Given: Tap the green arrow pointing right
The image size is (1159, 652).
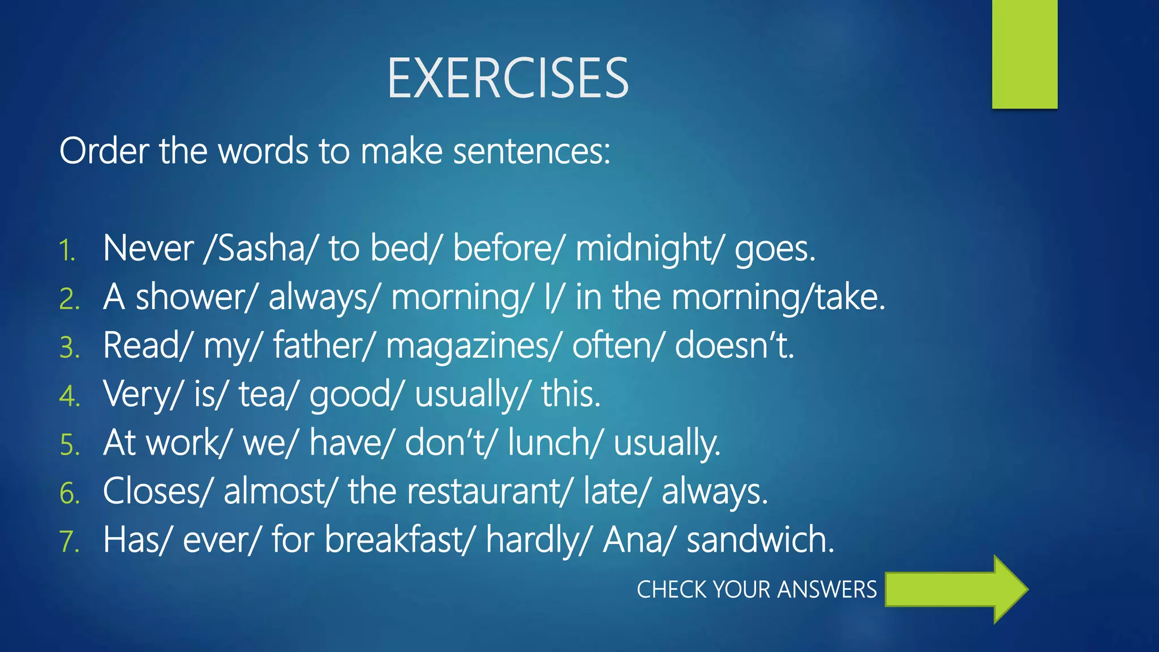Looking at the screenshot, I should pyautogui.click(x=956, y=589).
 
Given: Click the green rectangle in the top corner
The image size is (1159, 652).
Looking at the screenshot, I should pyautogui.click(x=1024, y=54).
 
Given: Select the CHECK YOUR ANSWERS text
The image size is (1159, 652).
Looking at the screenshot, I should pyautogui.click(x=757, y=590).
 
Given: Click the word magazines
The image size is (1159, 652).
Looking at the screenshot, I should pyautogui.click(x=470, y=346).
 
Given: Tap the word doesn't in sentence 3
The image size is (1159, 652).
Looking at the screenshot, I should pyautogui.click(x=733, y=346).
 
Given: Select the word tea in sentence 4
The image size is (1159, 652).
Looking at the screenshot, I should pyautogui.click(x=261, y=394).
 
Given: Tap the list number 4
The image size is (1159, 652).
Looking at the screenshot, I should pyautogui.click(x=69, y=396).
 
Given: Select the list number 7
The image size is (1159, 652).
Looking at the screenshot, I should pyautogui.click(x=69, y=542).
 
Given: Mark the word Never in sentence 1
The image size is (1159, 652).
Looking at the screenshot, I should pyautogui.click(x=148, y=248).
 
